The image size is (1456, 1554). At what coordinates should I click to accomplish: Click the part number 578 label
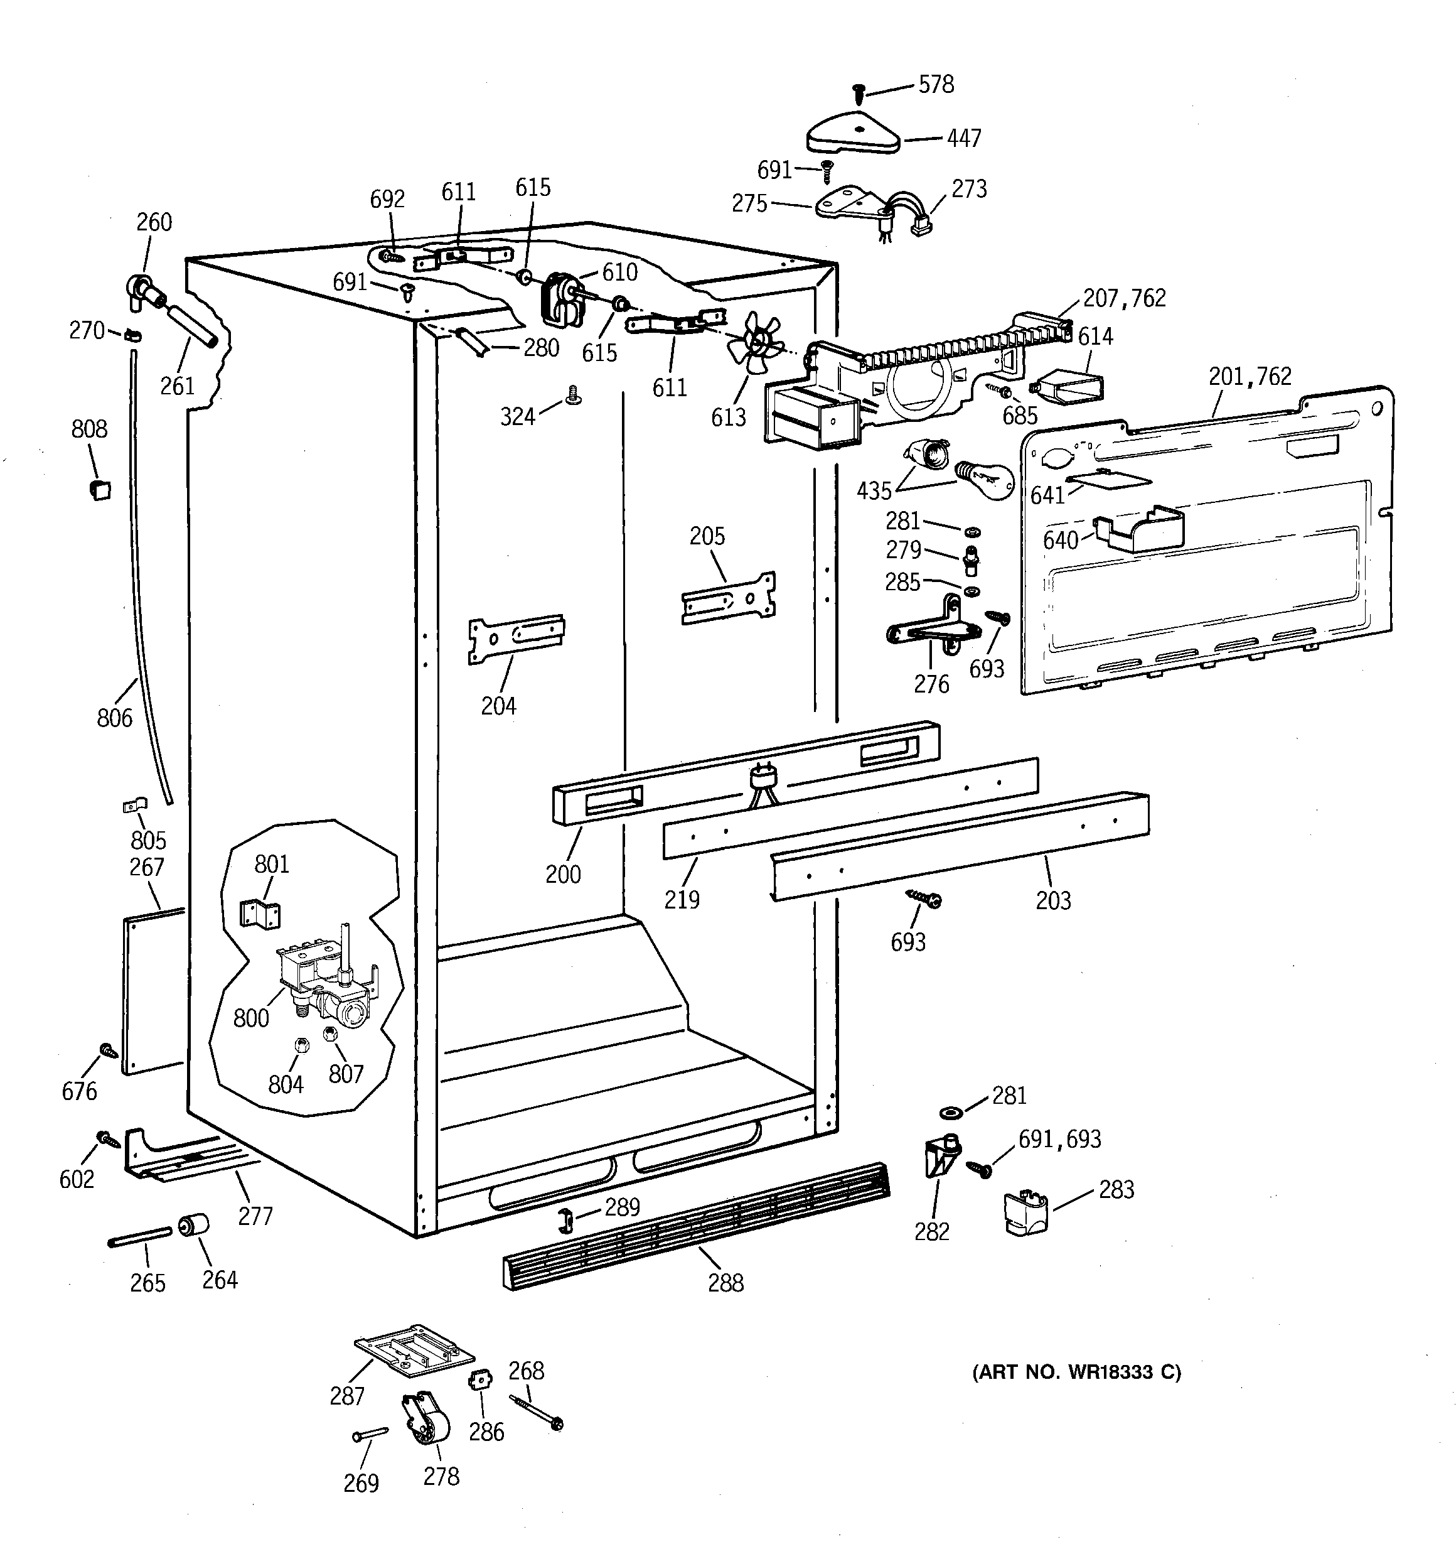[x=936, y=84]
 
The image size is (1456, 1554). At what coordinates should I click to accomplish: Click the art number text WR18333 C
[x=1076, y=1372]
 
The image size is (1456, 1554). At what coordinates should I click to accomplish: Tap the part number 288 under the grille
[x=725, y=1283]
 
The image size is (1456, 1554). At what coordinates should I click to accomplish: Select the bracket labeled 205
[x=729, y=598]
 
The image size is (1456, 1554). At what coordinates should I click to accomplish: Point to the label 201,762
[x=1250, y=377]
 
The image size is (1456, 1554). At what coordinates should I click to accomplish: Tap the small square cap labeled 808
[x=100, y=490]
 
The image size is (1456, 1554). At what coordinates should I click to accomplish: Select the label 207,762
[x=1123, y=298]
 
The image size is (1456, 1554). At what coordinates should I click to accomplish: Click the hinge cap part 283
[x=1026, y=1214]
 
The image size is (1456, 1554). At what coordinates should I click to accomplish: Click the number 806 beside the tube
[x=115, y=717]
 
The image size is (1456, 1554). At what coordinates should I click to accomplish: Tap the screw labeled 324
[x=573, y=395]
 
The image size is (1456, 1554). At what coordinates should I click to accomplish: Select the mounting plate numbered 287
[x=414, y=1355]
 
